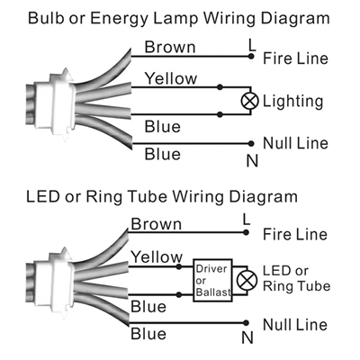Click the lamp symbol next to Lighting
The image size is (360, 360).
250,101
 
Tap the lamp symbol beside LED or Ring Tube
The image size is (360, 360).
247,281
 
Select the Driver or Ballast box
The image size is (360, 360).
212,280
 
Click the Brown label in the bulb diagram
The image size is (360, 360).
170,48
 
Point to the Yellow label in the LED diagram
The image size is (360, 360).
157,257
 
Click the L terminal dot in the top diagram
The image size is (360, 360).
251,56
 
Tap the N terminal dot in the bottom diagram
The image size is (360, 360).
246,323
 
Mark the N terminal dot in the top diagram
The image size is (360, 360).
251,144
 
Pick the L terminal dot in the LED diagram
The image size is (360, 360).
246,232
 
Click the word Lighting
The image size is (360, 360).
292,102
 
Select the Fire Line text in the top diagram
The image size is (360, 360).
295,58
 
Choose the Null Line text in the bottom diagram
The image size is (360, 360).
295,325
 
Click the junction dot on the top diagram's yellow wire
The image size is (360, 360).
220,87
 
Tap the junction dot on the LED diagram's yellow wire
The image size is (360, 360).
179,266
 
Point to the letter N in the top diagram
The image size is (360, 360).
252,161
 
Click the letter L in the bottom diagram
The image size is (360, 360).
246,219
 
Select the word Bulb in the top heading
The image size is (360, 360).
46,18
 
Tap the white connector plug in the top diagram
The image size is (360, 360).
54,101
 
